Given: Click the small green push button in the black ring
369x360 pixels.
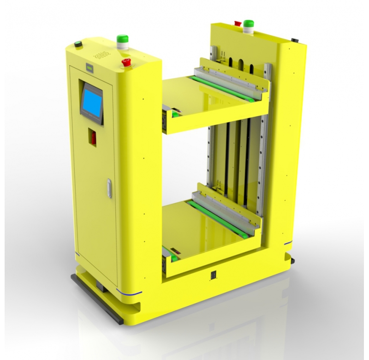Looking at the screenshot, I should tap(78, 45).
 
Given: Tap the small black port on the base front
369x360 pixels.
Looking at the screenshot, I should tap(213, 276).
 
